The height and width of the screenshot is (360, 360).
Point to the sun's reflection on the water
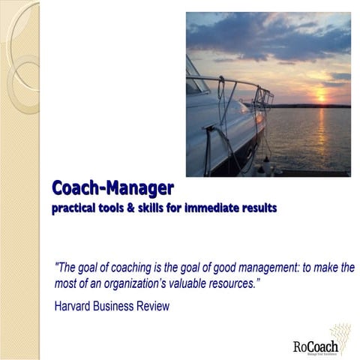coord(319,131)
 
